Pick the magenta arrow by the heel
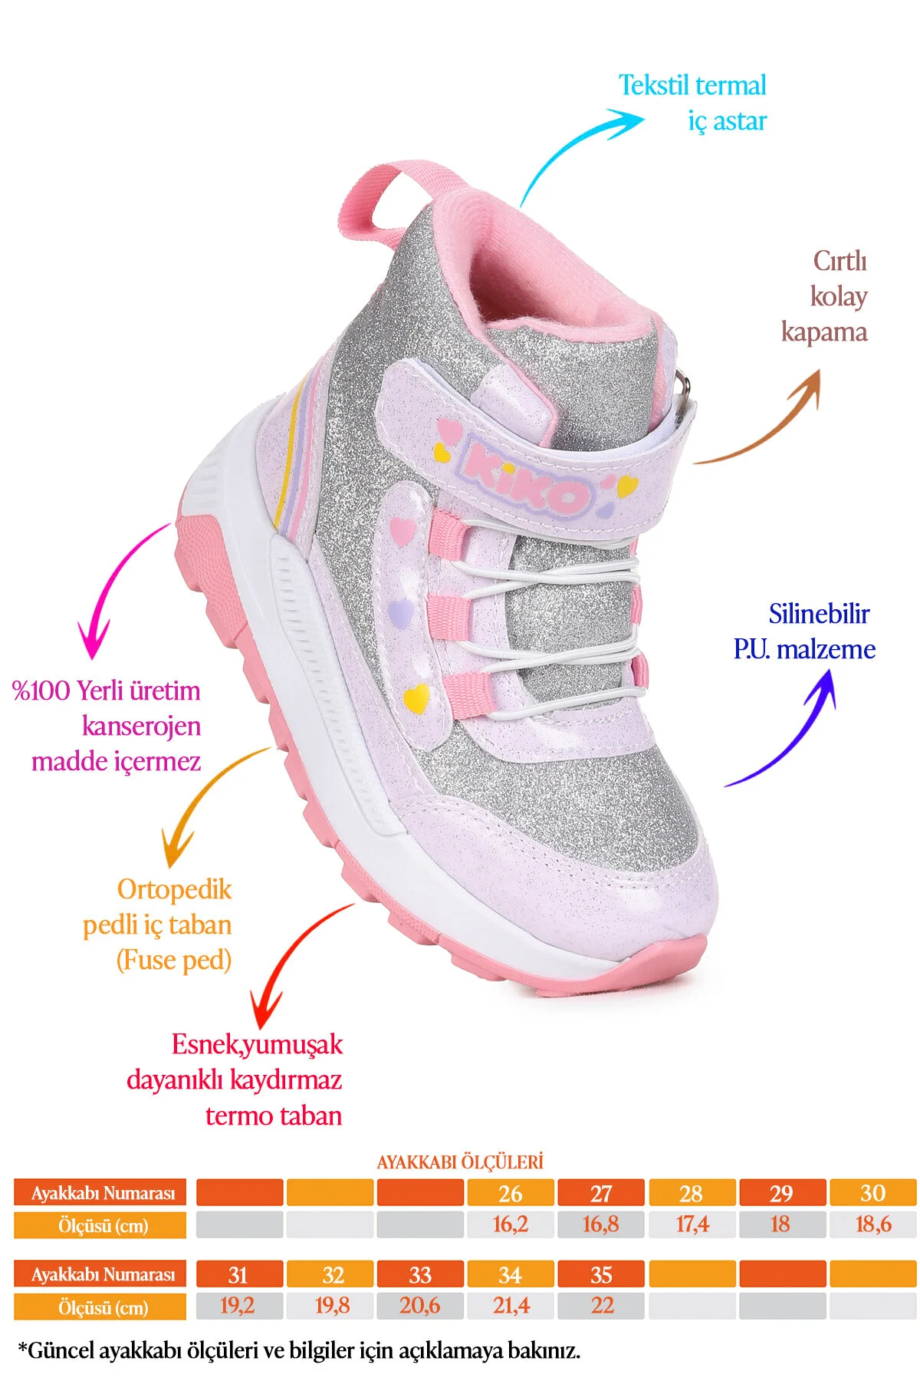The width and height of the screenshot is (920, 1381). [115, 583]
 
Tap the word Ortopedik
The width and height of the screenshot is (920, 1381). [174, 889]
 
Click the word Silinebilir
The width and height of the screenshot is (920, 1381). [819, 614]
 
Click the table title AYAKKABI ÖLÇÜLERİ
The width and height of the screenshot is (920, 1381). [460, 1162]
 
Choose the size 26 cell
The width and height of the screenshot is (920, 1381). [511, 1193]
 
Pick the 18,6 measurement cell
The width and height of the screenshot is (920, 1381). [873, 1224]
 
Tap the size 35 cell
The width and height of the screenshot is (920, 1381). [601, 1274]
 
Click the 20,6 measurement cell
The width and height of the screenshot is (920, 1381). [420, 1306]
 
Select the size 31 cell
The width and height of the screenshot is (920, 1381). [238, 1274]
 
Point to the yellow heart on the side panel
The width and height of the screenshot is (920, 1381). [416, 697]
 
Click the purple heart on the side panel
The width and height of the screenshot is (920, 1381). [401, 611]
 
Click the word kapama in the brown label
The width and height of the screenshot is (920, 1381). [824, 333]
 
